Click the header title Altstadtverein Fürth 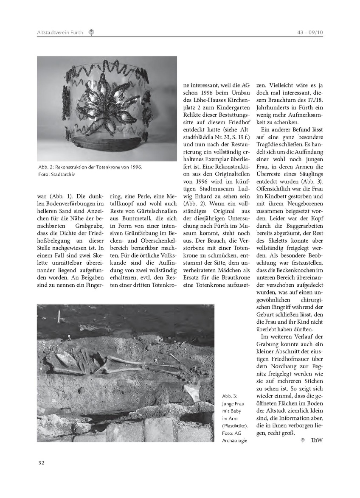point(60,32)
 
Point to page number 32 point(41,462)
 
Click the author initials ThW point(317,440)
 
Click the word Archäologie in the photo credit point(234,440)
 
